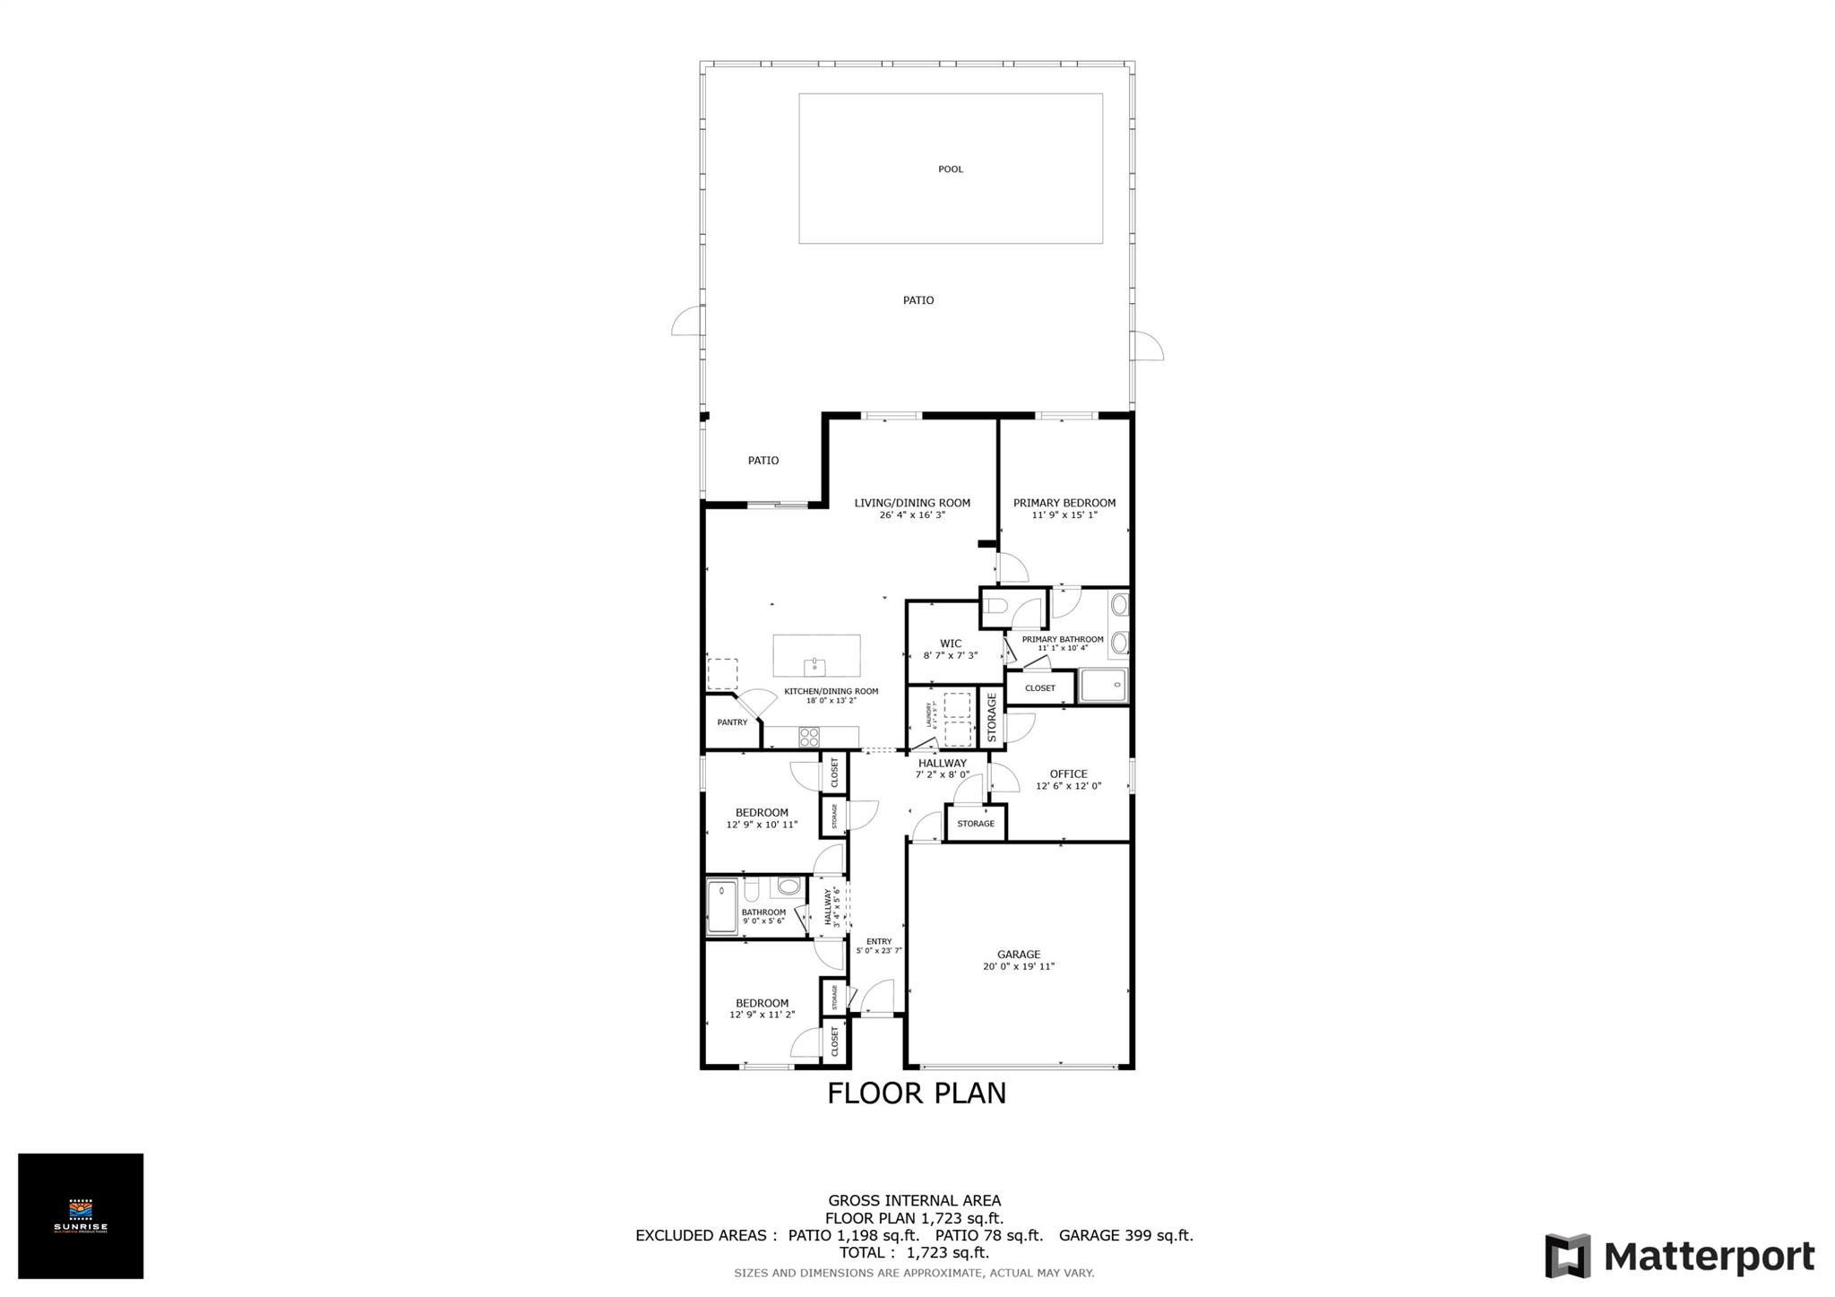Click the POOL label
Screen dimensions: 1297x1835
(950, 169)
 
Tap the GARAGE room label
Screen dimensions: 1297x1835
(1019, 955)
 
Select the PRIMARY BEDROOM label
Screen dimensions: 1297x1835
(1064, 503)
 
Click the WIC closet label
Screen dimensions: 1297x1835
(951, 644)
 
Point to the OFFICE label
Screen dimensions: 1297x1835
(1068, 774)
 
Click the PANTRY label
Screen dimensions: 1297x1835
(732, 722)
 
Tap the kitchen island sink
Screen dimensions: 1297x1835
(814, 665)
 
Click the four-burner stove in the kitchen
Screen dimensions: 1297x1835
(809, 737)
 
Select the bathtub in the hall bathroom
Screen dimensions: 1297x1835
(721, 907)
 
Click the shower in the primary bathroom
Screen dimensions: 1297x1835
(1103, 686)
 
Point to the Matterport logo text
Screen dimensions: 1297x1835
(1709, 1257)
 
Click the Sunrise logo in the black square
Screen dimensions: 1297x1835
(81, 1215)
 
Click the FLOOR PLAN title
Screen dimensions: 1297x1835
(916, 1094)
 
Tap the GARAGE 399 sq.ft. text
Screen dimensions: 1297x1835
(1125, 1235)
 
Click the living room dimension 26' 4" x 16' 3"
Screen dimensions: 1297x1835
(912, 515)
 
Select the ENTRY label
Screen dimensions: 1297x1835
(879, 941)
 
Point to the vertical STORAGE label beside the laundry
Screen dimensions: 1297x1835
(991, 717)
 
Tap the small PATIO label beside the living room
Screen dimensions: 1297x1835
(763, 461)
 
